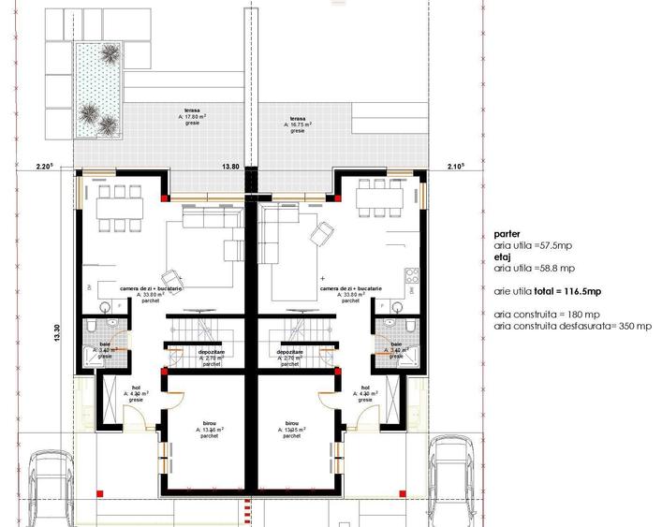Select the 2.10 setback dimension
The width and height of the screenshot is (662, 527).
point(457,166)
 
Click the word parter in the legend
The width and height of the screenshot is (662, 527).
point(507,235)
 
